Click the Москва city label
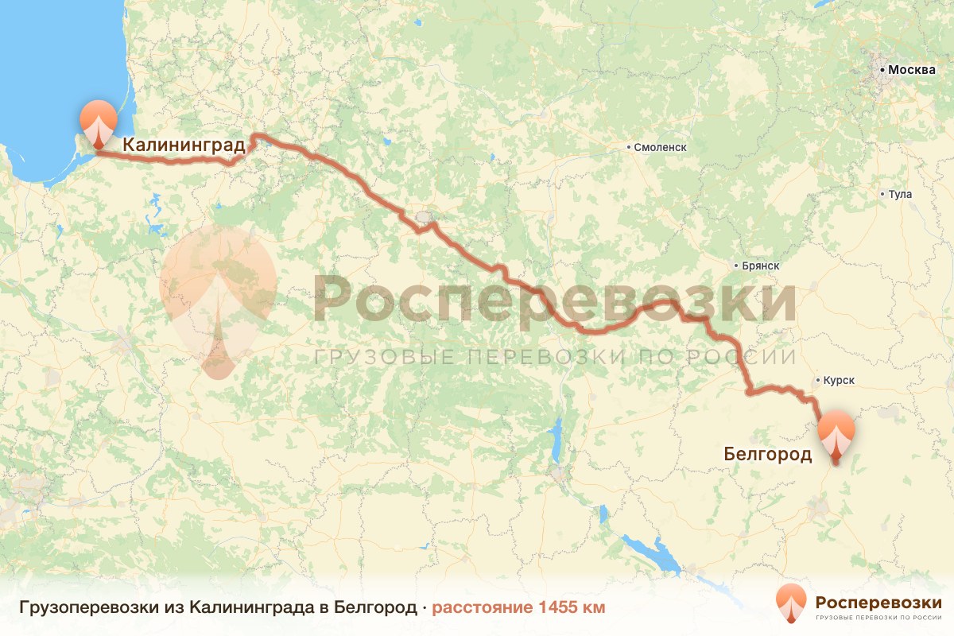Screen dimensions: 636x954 (912, 70)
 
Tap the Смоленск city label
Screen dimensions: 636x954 (660, 147)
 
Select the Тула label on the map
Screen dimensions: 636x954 (901, 194)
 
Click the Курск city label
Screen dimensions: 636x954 (840, 381)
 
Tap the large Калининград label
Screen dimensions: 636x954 (183, 145)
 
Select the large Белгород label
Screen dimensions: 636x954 (767, 454)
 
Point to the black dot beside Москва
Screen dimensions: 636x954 (882, 71)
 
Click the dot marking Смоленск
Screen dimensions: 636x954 (629, 147)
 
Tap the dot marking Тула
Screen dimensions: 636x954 (882, 194)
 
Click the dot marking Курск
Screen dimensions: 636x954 (818, 381)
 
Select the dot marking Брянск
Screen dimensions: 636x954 (735, 266)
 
